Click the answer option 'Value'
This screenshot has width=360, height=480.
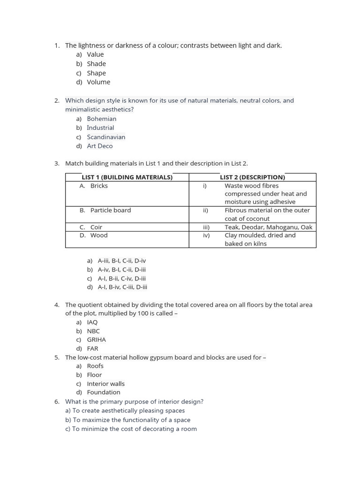[x=95, y=54]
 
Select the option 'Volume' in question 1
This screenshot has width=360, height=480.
[x=98, y=82]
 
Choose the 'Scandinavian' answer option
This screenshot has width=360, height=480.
[x=106, y=137]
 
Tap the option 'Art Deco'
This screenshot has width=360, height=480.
[x=99, y=146]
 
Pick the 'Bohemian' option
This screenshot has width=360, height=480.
[x=101, y=119]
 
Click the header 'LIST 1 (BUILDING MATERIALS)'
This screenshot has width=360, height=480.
[x=127, y=177]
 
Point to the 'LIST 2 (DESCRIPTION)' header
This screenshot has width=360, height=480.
[x=252, y=177]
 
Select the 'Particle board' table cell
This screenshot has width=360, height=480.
[x=111, y=210]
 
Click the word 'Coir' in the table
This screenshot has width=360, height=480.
[x=96, y=227]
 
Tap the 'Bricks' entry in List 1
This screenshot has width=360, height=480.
[x=99, y=186]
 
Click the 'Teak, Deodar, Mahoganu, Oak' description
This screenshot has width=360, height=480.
[x=268, y=227]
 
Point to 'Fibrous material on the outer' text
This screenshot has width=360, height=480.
[x=267, y=210]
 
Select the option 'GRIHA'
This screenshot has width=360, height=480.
[x=96, y=339]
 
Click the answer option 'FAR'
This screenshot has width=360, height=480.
[x=92, y=348]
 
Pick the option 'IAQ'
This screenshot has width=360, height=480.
[x=92, y=322]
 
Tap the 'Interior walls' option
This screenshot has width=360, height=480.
[x=105, y=383]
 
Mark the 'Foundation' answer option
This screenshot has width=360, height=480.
[x=103, y=392]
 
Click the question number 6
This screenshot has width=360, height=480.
[x=57, y=402]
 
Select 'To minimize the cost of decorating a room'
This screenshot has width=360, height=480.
[x=134, y=429]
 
